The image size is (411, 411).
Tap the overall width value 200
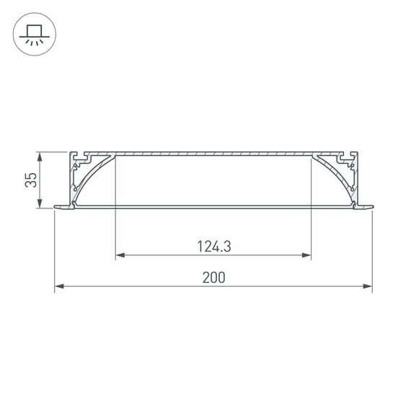[x=213, y=278]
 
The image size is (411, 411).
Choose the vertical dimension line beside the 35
[x=41, y=180]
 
